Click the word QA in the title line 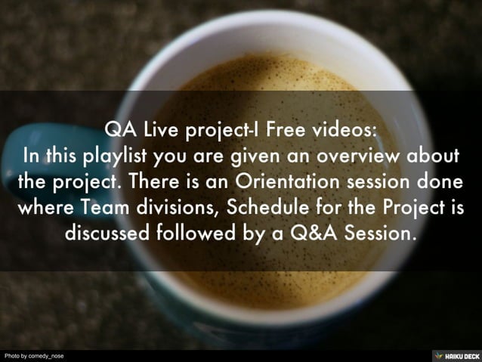tap(119, 129)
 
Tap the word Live tap(160, 129)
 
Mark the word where tap(46, 207)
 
